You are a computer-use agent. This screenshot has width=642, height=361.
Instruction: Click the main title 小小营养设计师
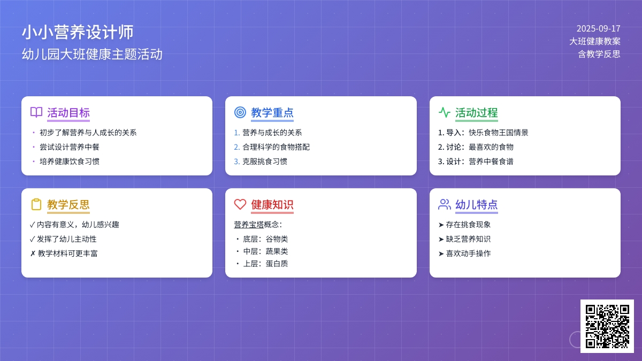click(x=78, y=32)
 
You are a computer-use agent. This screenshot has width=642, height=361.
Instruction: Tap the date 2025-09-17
click(x=599, y=29)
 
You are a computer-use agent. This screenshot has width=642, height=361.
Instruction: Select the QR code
click(x=607, y=326)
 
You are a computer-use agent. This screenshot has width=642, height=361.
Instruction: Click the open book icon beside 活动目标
click(x=36, y=112)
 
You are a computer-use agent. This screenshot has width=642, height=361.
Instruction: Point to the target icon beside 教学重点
click(x=240, y=112)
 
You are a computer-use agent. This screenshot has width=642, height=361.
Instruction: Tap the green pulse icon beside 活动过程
click(x=444, y=112)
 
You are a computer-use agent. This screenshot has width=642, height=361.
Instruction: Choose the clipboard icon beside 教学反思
click(x=36, y=204)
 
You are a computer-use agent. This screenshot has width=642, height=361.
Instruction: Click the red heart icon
click(x=240, y=204)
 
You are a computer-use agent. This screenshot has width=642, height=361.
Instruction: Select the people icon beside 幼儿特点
click(x=445, y=204)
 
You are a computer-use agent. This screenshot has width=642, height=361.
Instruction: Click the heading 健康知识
click(x=272, y=204)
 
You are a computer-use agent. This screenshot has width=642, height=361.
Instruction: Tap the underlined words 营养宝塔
click(x=249, y=225)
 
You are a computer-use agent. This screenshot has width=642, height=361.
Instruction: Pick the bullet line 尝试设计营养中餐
click(x=70, y=147)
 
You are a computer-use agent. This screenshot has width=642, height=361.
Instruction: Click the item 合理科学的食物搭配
click(x=276, y=147)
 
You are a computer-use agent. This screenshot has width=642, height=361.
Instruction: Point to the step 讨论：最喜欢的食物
click(x=476, y=147)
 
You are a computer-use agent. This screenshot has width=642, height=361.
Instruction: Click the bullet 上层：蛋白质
click(x=265, y=264)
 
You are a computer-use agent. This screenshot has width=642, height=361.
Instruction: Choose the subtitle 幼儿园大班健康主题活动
click(x=92, y=54)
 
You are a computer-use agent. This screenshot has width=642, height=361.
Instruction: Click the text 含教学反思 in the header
click(x=599, y=54)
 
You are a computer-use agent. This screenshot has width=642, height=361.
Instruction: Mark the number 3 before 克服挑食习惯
click(x=236, y=162)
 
